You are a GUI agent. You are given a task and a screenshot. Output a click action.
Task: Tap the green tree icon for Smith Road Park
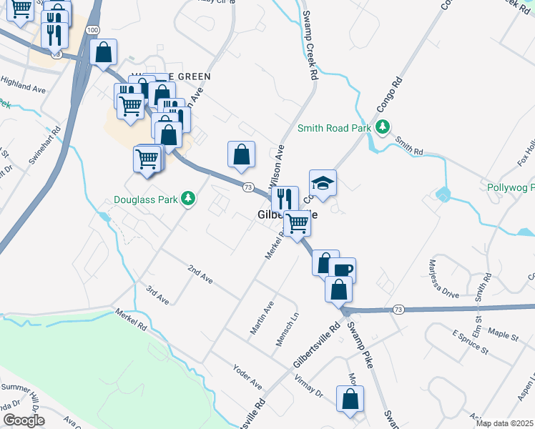pos(383,127)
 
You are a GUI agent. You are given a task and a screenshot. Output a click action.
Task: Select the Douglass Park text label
pos(145,199)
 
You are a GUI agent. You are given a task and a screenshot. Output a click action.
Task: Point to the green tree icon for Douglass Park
pos(188,198)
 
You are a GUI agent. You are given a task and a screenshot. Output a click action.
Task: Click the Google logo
pos(24,420)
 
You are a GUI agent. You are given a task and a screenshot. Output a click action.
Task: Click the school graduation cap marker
pos(323,184)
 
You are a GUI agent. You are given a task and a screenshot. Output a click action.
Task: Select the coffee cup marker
pos(343,270)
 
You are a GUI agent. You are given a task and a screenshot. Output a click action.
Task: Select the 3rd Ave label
pos(157,295)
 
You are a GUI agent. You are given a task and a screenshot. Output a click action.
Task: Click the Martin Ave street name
pos(262,317)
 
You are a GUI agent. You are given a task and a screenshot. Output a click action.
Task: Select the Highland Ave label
pos(23,88)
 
